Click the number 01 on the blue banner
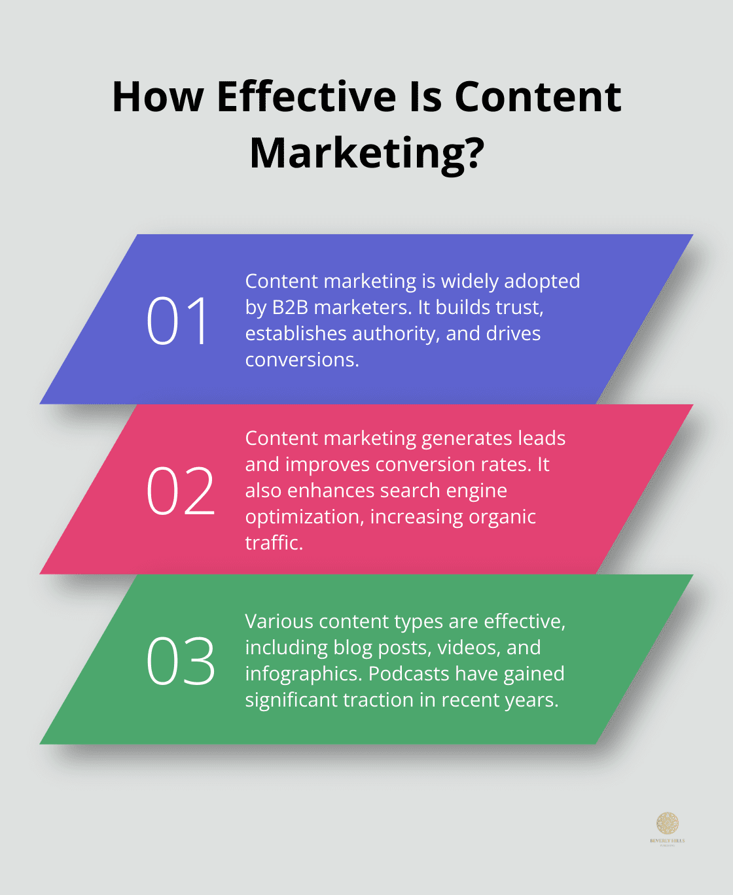pos(177,321)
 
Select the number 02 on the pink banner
pos(181,491)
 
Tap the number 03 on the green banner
pos(181,661)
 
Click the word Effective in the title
pos(306,97)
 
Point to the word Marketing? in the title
pos(366,153)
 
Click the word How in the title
pos(158,97)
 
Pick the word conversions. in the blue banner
pos(302,360)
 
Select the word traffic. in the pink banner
pos(274,543)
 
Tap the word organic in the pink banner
pos(504,517)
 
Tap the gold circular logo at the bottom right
pos(668,823)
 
